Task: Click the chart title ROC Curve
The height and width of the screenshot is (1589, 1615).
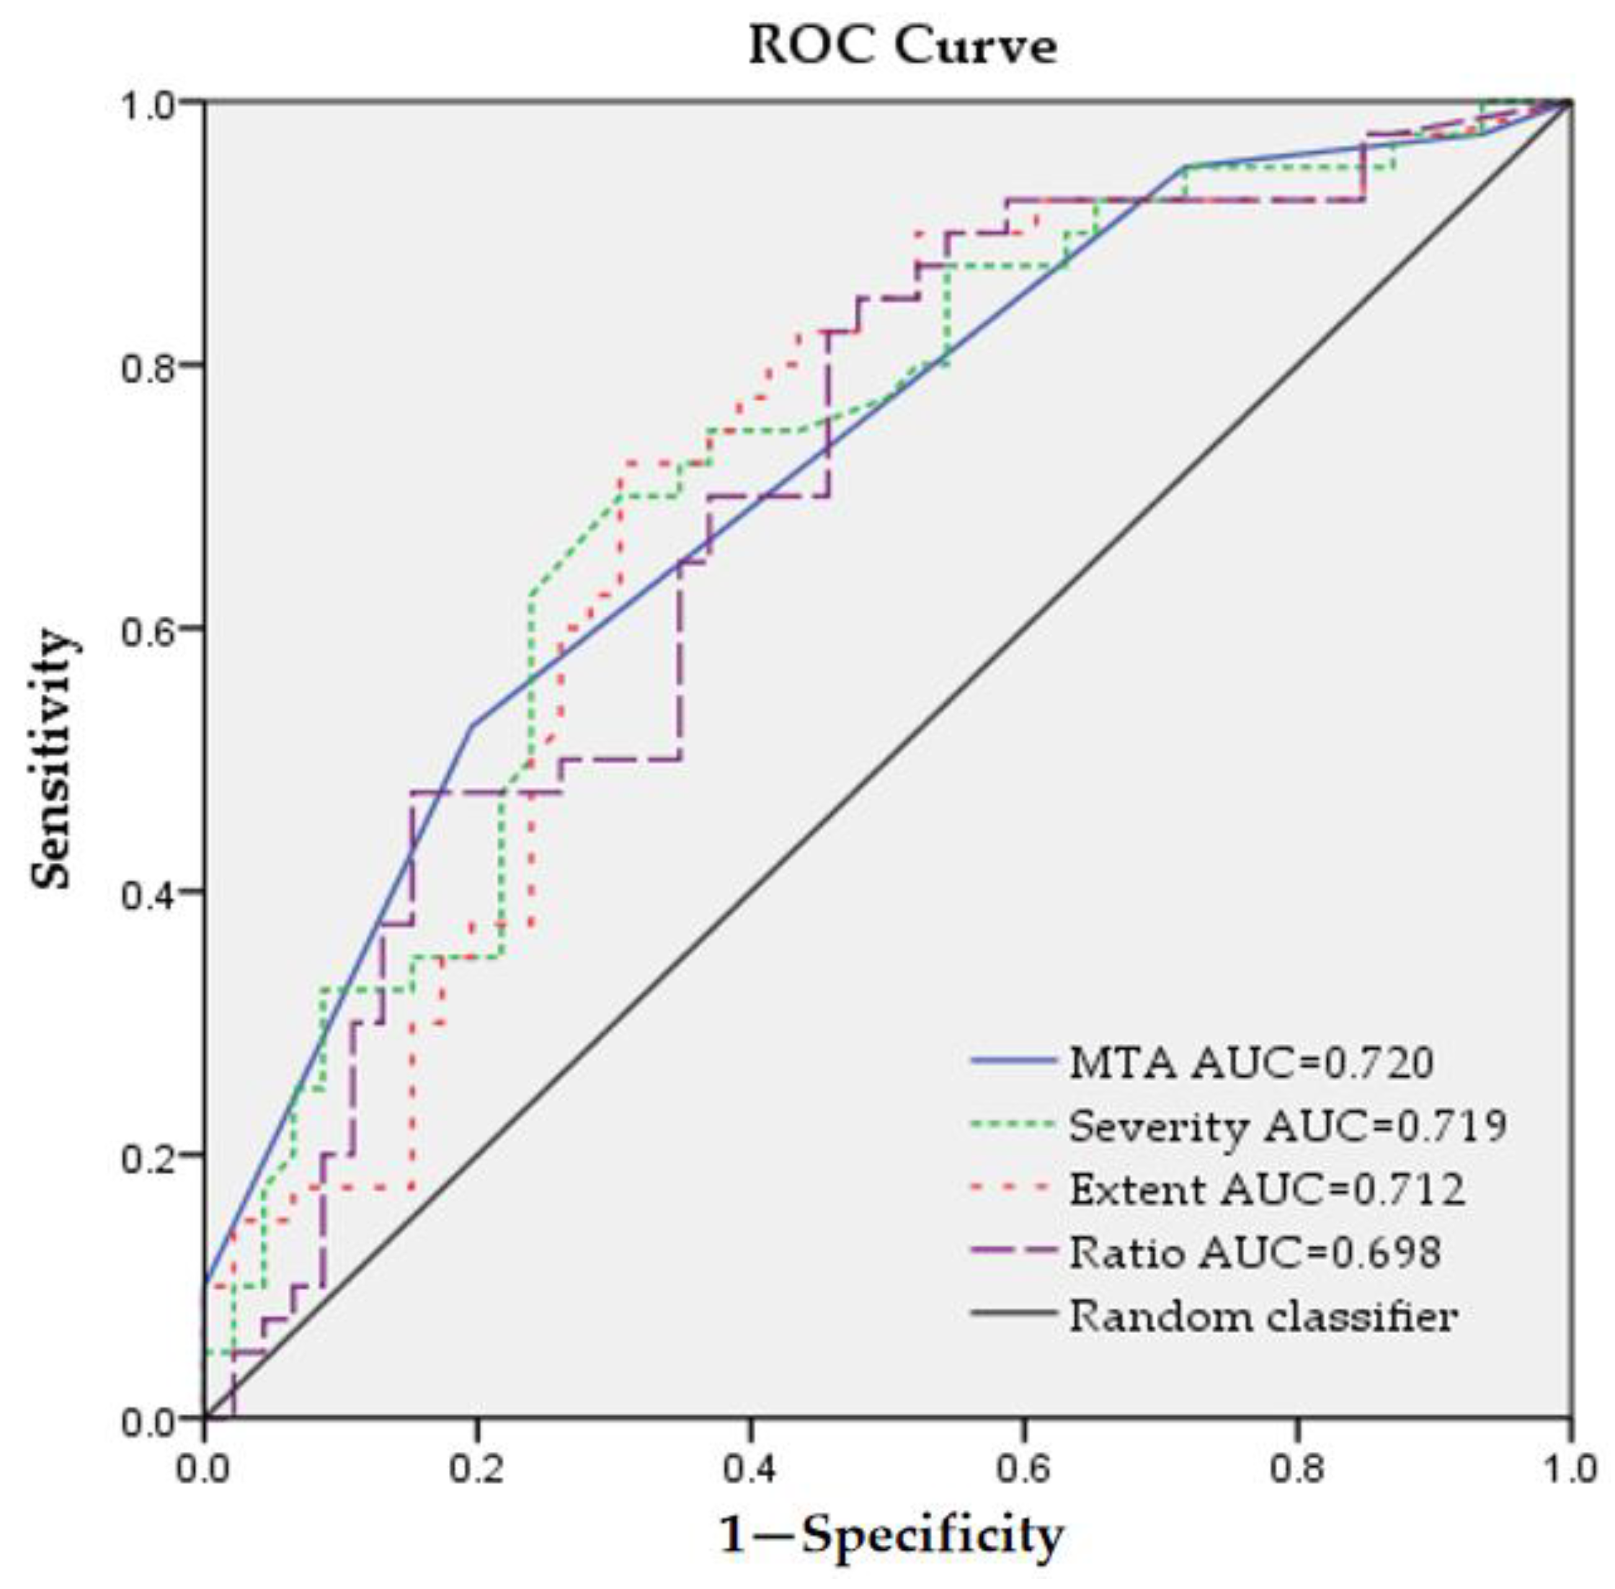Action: click(903, 46)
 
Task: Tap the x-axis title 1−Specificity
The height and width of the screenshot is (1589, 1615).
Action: click(891, 1534)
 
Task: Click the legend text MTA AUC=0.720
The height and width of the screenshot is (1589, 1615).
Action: click(1251, 1062)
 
